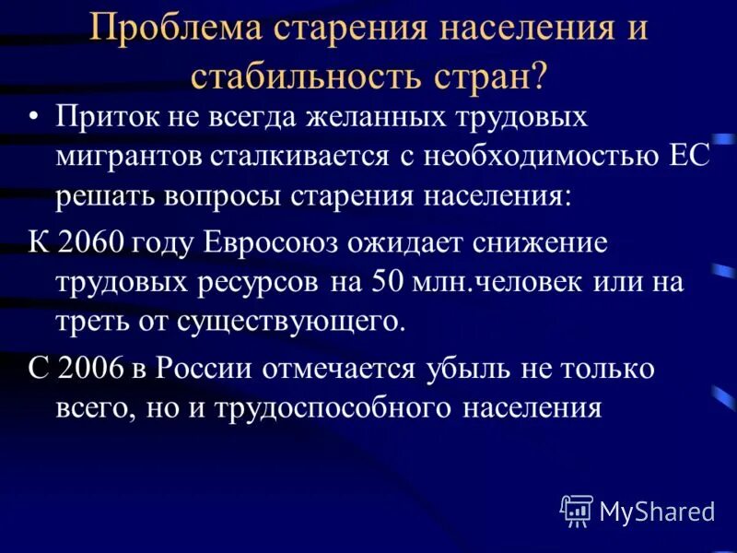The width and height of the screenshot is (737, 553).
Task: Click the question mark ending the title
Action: click(x=537, y=75)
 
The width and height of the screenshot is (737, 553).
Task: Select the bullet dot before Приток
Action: click(x=35, y=121)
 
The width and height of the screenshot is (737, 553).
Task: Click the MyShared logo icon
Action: click(x=577, y=510)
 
